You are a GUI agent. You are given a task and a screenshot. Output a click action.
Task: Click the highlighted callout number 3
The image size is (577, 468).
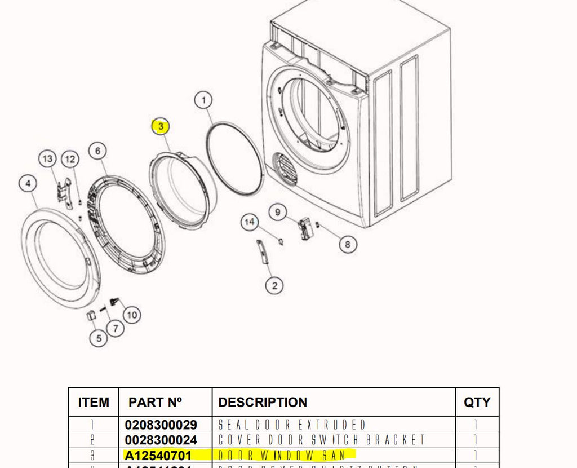(161, 127)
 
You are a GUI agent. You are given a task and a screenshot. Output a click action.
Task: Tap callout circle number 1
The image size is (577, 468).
(203, 101)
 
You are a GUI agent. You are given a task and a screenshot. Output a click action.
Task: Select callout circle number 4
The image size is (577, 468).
(28, 183)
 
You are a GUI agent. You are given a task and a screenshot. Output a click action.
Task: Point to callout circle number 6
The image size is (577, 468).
(97, 151)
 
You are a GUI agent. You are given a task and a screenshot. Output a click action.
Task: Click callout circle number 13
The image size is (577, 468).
(47, 160)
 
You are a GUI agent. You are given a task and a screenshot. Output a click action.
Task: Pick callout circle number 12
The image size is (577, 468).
(69, 160)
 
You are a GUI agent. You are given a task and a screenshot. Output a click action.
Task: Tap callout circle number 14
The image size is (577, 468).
(250, 222)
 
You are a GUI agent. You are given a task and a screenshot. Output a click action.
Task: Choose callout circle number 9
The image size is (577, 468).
(277, 212)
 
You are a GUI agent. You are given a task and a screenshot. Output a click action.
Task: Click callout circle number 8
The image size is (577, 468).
(348, 244)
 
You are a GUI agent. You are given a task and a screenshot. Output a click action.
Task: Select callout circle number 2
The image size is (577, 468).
(274, 286)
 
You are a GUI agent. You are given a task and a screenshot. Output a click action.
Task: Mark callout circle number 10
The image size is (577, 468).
(131, 315)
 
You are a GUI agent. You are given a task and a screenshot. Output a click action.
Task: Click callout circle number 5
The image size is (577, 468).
(99, 338)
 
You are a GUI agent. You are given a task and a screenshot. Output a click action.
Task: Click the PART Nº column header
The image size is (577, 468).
(155, 402)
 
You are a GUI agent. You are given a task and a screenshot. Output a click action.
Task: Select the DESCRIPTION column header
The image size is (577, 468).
(263, 402)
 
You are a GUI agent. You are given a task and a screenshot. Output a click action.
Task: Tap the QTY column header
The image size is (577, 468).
(477, 402)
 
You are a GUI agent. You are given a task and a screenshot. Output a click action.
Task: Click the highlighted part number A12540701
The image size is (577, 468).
(158, 455)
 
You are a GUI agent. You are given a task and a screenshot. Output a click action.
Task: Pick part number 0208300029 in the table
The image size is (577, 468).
(161, 425)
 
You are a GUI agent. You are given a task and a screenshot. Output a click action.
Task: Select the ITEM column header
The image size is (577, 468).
(94, 402)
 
